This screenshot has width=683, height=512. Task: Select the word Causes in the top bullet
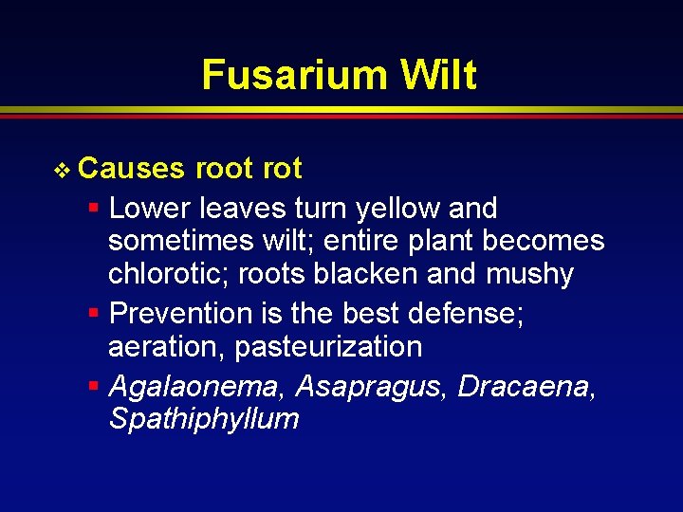(132, 169)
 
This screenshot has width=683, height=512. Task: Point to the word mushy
(529, 275)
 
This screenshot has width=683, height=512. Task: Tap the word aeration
(167, 347)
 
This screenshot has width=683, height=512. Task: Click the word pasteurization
(328, 347)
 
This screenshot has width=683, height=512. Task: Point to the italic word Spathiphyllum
(204, 419)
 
